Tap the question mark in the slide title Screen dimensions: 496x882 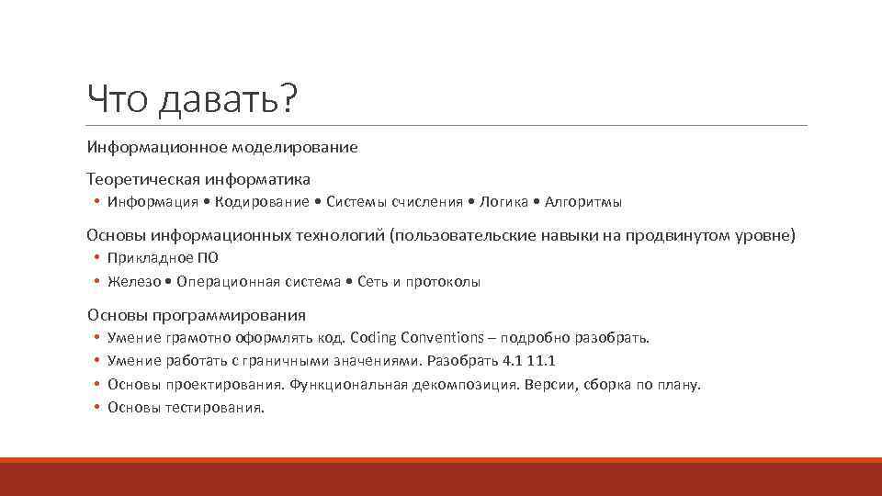290,99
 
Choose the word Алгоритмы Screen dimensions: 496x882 583,202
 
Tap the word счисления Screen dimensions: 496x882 427,202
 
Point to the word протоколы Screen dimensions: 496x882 447,282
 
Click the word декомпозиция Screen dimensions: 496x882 462,384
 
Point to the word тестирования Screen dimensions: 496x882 214,407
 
